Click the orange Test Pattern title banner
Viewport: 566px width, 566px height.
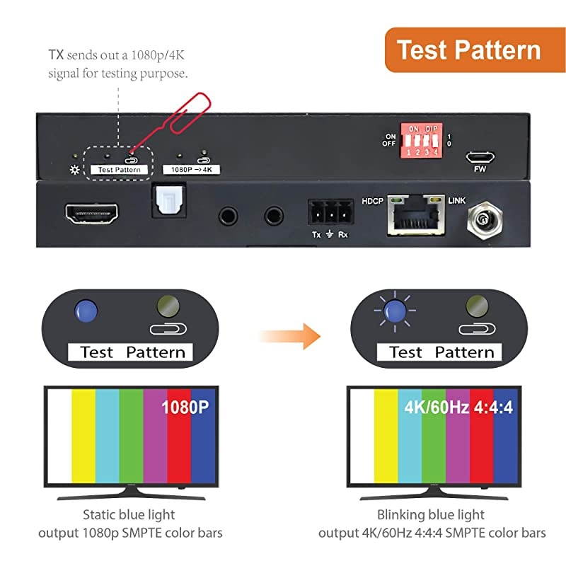(x=468, y=50)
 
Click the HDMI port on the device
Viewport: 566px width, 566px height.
(x=92, y=212)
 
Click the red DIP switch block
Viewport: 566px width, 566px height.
(x=422, y=139)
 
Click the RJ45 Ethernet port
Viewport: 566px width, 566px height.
(x=415, y=215)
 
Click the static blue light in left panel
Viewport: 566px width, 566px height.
(x=86, y=310)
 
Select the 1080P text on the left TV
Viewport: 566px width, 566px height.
(x=185, y=408)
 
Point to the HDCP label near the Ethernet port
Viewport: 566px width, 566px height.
(x=373, y=201)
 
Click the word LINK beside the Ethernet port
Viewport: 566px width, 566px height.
(x=457, y=201)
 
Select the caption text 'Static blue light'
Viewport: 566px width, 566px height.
(x=129, y=514)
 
